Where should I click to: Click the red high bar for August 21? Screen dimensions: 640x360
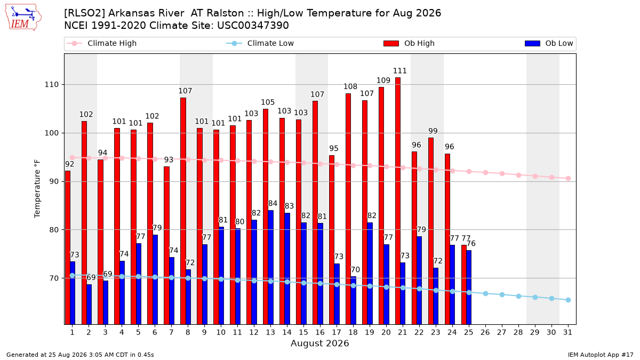pos(398,201)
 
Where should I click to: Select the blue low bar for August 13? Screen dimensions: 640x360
pos(270,267)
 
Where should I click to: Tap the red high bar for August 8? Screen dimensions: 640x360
pos(183,211)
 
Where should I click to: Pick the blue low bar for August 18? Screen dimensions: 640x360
pos(353,300)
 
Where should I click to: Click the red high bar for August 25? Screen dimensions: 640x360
pos(463,285)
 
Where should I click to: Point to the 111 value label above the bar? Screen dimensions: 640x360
pos(399,71)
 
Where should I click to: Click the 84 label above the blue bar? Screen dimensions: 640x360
pos(273,203)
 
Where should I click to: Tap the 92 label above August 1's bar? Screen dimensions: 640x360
pos(69,164)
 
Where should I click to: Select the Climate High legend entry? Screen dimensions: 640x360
pos(102,43)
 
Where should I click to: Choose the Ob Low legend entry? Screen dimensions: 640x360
pos(549,43)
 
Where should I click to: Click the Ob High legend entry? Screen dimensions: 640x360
pos(409,43)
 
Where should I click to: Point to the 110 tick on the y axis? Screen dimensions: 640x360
pos(51,85)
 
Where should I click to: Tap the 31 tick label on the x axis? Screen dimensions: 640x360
pos(567,333)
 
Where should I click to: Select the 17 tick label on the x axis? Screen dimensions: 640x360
pos(337,333)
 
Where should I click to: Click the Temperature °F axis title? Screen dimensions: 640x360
pos(37,189)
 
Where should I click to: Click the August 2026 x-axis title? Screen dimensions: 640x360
pos(319,343)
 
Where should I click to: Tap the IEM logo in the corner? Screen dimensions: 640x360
pos(23,18)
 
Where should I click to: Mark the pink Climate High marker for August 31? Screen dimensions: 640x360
pos(569,178)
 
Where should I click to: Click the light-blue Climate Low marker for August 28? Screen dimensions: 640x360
pos(518,297)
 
